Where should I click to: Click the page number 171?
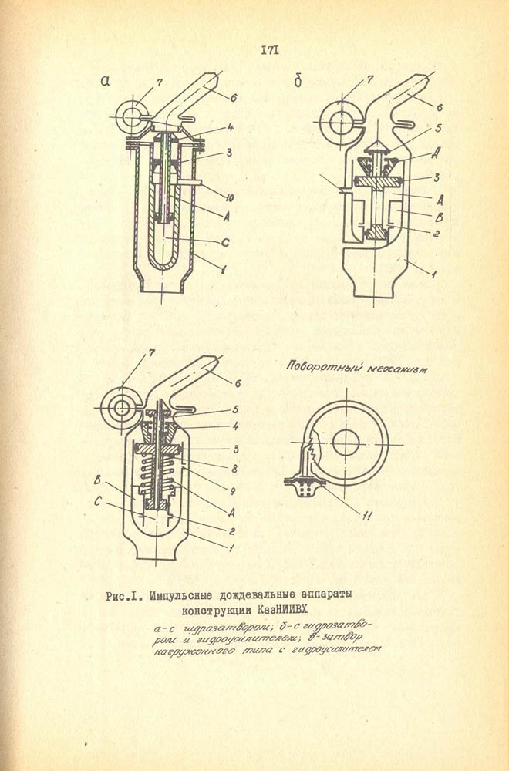click(x=270, y=51)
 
